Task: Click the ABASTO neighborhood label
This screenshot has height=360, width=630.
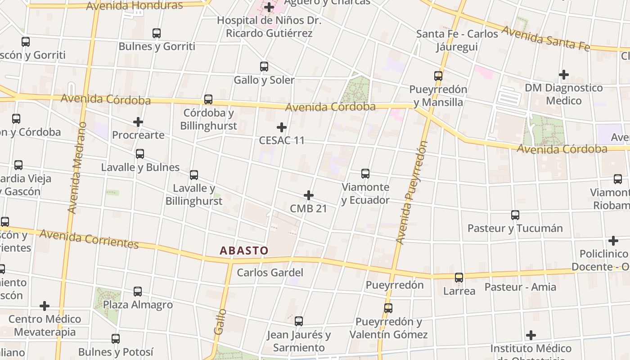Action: click(x=244, y=251)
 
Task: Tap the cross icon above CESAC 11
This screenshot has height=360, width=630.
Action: click(x=282, y=127)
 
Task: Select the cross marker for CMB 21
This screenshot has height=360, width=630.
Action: click(x=309, y=195)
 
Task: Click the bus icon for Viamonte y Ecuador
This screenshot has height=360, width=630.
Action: click(x=365, y=174)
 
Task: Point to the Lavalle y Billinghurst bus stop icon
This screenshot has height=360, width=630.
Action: click(x=194, y=175)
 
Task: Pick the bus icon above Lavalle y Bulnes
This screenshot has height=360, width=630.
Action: click(x=140, y=154)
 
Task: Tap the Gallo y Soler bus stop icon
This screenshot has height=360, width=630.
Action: click(x=264, y=67)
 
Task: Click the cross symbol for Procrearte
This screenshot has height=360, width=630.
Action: click(x=138, y=122)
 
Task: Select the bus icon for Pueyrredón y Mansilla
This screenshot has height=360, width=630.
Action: click(x=438, y=76)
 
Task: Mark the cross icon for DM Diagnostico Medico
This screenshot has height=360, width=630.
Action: click(x=564, y=75)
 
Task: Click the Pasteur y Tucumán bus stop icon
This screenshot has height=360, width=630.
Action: click(x=515, y=215)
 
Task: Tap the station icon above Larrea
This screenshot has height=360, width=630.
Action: click(x=459, y=278)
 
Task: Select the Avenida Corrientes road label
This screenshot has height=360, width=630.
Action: click(x=89, y=238)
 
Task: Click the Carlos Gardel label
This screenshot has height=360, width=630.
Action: click(x=270, y=273)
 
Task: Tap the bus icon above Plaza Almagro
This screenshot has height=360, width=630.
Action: click(x=138, y=292)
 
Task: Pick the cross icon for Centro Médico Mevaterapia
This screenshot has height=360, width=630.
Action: click(x=45, y=306)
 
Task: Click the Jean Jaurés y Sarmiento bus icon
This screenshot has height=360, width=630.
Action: click(x=299, y=321)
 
